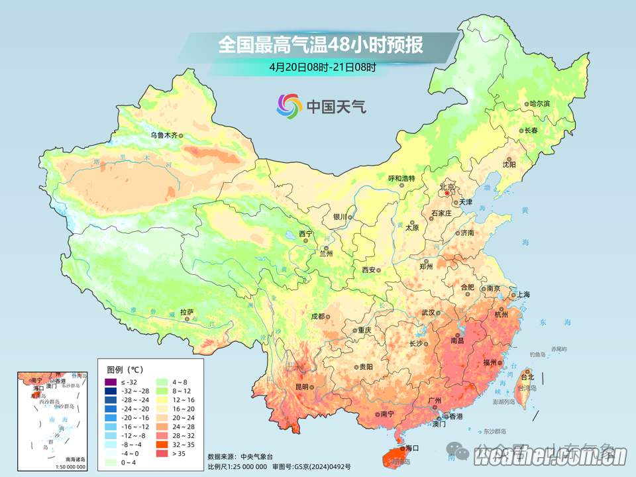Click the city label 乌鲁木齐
pos(163,135)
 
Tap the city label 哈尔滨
pos(539,104)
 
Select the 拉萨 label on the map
pos(187,311)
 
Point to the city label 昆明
pos(302,386)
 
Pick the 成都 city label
pos(317,316)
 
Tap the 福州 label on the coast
pos(491,363)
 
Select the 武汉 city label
pos(428,313)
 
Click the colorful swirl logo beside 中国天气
pos(289,105)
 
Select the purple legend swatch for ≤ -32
pos(110,382)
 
